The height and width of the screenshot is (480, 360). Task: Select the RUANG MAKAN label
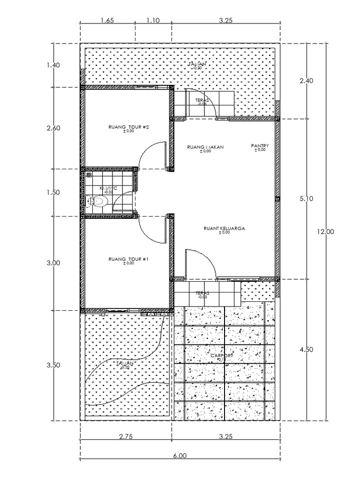205,147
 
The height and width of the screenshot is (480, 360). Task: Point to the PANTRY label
260,146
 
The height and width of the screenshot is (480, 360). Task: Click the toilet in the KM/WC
97,202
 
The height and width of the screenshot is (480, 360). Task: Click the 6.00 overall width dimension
180,455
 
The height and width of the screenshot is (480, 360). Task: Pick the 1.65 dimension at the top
108,21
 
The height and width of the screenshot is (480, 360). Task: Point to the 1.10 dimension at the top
153,21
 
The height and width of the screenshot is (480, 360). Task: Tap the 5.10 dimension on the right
307,198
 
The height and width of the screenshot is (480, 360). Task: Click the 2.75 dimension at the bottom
126,436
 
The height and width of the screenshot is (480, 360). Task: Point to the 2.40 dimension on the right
307,81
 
